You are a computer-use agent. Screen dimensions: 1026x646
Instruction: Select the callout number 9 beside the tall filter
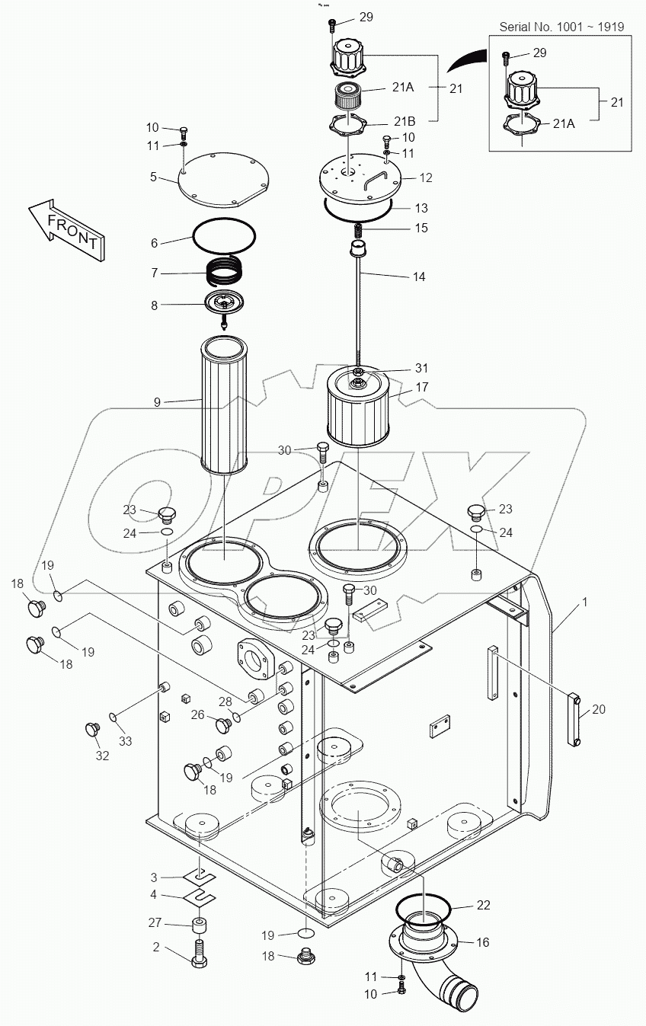pos(157,401)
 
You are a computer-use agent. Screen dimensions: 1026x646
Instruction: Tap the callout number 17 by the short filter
pos(421,387)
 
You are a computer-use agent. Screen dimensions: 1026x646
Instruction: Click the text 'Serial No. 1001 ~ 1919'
pos(561,27)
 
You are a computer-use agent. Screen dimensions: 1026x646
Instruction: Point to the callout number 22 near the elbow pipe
pos(484,905)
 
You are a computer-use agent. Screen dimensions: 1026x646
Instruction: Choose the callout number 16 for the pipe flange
pos(483,942)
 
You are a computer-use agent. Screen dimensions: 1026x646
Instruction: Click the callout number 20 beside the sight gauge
pos(599,709)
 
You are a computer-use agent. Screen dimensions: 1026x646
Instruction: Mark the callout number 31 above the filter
pos(421,369)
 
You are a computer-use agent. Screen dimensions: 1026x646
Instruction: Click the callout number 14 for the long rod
pos(419,277)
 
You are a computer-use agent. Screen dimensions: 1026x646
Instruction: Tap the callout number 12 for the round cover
pos(426,177)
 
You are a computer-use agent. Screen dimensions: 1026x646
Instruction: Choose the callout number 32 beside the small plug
pos(102,756)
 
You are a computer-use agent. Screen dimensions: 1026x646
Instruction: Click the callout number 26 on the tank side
pos(198,714)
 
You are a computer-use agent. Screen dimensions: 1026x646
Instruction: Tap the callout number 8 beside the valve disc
pos(154,305)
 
